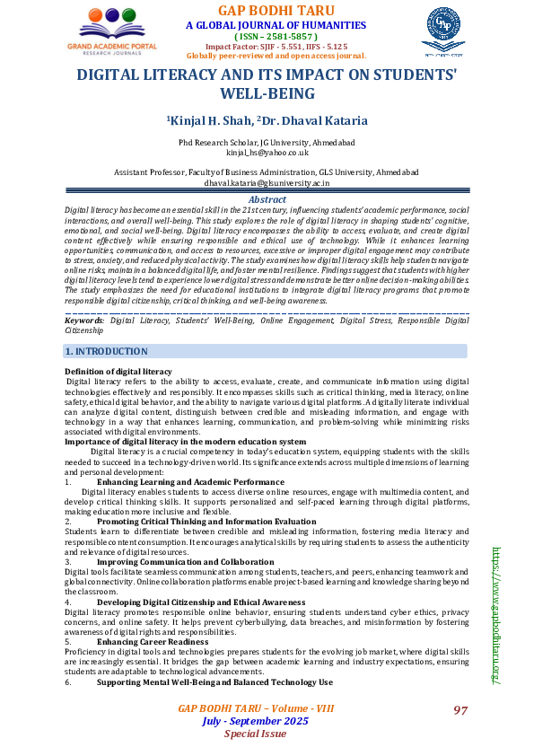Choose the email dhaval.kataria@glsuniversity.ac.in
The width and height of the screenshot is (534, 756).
coord(267,181)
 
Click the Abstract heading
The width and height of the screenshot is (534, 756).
coord(267,199)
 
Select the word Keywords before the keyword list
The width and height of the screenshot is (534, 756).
coord(84,294)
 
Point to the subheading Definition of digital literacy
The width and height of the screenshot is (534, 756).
coord(118,372)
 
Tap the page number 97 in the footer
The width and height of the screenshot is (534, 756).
coord(460,710)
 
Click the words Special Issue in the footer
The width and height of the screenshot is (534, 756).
coord(255,734)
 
